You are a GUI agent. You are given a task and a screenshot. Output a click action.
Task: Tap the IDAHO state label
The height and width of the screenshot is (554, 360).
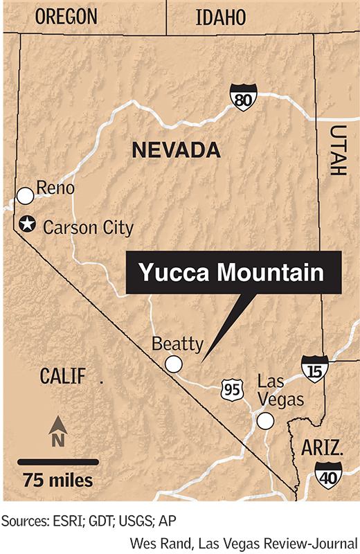221,17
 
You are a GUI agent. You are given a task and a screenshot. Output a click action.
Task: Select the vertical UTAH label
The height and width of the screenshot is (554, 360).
338,150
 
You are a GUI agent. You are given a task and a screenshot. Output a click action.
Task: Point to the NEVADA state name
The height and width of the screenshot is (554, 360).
176,150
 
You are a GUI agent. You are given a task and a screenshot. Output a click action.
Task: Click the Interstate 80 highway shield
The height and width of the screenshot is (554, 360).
242,101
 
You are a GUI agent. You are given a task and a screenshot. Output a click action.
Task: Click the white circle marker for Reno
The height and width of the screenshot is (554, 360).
26,196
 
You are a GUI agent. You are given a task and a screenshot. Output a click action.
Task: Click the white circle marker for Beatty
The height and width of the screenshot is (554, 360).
173,364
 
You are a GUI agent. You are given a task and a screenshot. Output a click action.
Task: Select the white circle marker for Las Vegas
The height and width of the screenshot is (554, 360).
264,420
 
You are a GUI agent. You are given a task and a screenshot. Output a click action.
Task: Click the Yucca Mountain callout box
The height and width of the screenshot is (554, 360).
231,273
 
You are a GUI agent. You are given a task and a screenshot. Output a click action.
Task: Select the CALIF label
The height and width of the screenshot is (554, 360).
62,377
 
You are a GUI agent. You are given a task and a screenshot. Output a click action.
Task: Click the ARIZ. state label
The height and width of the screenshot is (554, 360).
321,447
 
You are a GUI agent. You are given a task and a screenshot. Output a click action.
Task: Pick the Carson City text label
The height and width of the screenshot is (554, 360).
88,226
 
